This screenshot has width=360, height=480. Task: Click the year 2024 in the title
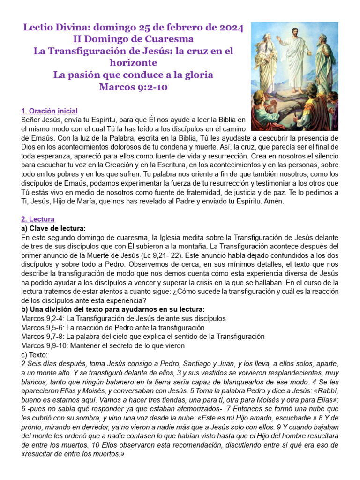(x=230, y=28)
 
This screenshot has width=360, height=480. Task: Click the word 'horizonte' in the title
(x=134, y=63)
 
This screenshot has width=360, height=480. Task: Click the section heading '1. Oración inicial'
(x=50, y=111)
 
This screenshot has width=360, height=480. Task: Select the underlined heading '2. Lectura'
(x=38, y=219)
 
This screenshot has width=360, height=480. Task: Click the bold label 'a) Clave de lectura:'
(x=54, y=228)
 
